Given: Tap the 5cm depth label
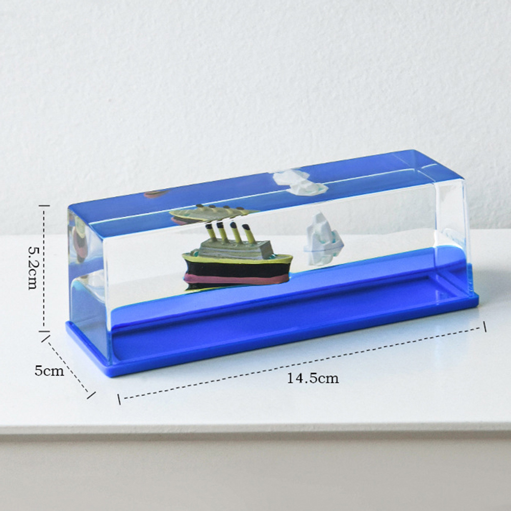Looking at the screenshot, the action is point(49,371).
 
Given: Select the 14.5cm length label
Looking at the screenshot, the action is point(313,378).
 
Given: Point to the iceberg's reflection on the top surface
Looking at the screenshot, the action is point(300,182).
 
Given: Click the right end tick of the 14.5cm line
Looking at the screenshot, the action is point(484,326).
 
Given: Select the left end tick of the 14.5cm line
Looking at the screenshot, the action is point(119,399).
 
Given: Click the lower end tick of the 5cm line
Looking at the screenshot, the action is point(91,395).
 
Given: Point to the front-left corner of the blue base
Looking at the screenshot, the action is point(114,375).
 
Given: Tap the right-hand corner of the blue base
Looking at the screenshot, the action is point(478,295).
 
